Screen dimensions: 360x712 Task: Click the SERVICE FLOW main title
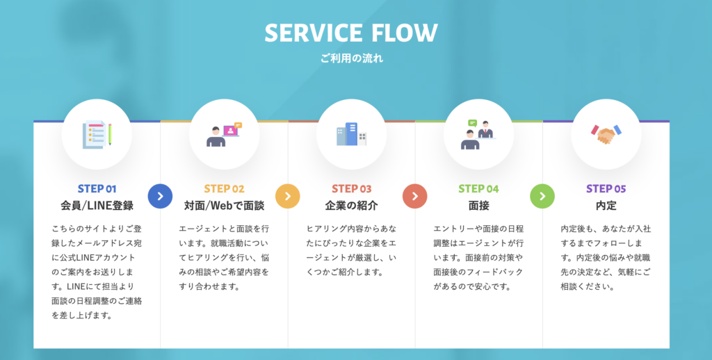[351, 33]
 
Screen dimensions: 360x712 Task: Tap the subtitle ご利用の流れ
[351, 58]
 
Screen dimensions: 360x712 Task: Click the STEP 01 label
[97, 188]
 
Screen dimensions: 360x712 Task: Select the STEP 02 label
[224, 188]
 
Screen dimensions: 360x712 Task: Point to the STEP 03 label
[351, 188]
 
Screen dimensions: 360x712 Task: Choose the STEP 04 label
[478, 188]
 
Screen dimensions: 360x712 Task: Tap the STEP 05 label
[606, 188]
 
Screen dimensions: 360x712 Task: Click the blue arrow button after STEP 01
[160, 196]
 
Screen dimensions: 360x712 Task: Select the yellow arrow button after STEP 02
[287, 196]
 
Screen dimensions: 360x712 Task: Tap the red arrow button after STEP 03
[414, 196]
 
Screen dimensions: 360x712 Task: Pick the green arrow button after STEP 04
[542, 196]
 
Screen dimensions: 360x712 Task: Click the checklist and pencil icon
[97, 134]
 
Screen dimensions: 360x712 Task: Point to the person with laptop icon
[224, 134]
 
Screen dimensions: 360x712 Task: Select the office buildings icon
[351, 134]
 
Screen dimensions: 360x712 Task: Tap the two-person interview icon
[478, 134]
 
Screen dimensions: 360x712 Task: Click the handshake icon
[606, 134]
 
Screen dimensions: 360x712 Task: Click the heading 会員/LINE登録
[97, 206]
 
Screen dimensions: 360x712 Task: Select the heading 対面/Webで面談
[224, 206]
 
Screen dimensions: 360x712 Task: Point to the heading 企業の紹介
[351, 206]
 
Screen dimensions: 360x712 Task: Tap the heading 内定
[606, 206]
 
